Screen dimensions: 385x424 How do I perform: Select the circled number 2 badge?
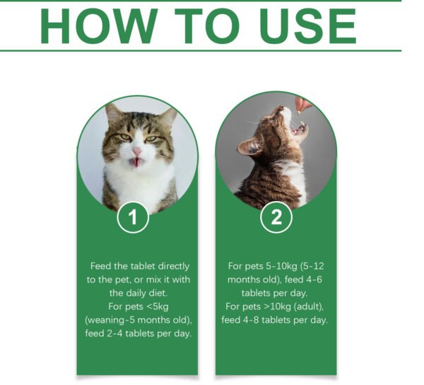point(276,218)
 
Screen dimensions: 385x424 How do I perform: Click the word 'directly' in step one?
point(171,266)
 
